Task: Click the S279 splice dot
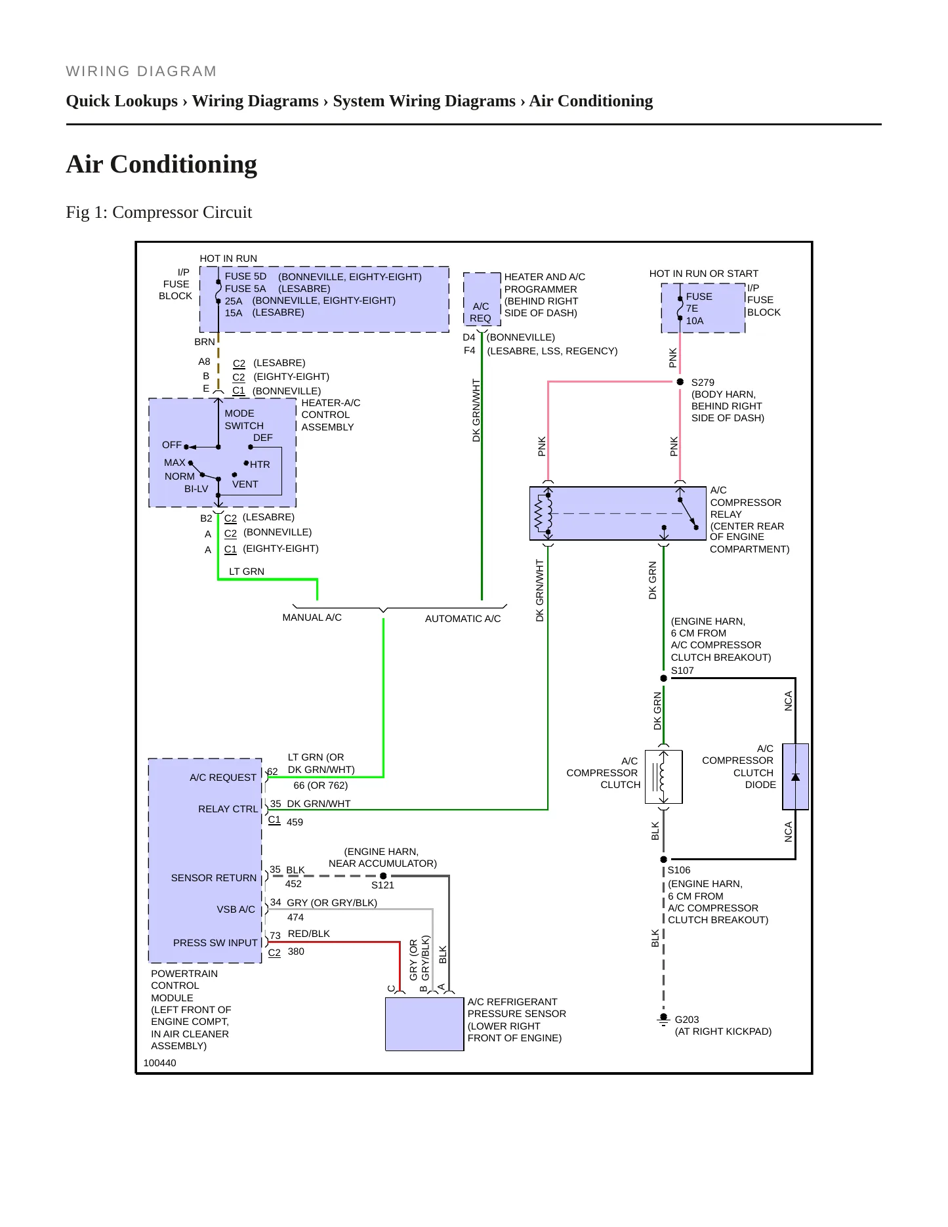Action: click(680, 382)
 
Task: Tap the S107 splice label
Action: click(682, 671)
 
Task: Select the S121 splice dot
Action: click(384, 876)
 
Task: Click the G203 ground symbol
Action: click(663, 1020)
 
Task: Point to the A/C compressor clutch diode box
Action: click(796, 777)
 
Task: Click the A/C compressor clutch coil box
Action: click(664, 777)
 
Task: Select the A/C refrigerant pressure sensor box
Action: click(424, 1024)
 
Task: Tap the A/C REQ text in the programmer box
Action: click(480, 312)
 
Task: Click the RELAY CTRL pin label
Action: click(228, 809)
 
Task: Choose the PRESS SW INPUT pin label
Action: click(215, 943)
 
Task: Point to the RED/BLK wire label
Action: click(309, 934)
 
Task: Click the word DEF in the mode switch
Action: click(263, 438)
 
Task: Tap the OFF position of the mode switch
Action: click(172, 445)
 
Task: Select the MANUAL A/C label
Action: click(312, 617)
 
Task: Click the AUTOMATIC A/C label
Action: click(463, 619)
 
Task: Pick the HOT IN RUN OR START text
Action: click(703, 274)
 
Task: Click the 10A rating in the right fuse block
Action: click(695, 321)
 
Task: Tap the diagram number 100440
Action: click(159, 1063)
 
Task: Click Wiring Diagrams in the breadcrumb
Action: click(255, 101)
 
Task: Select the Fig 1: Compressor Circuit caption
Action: click(159, 213)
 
